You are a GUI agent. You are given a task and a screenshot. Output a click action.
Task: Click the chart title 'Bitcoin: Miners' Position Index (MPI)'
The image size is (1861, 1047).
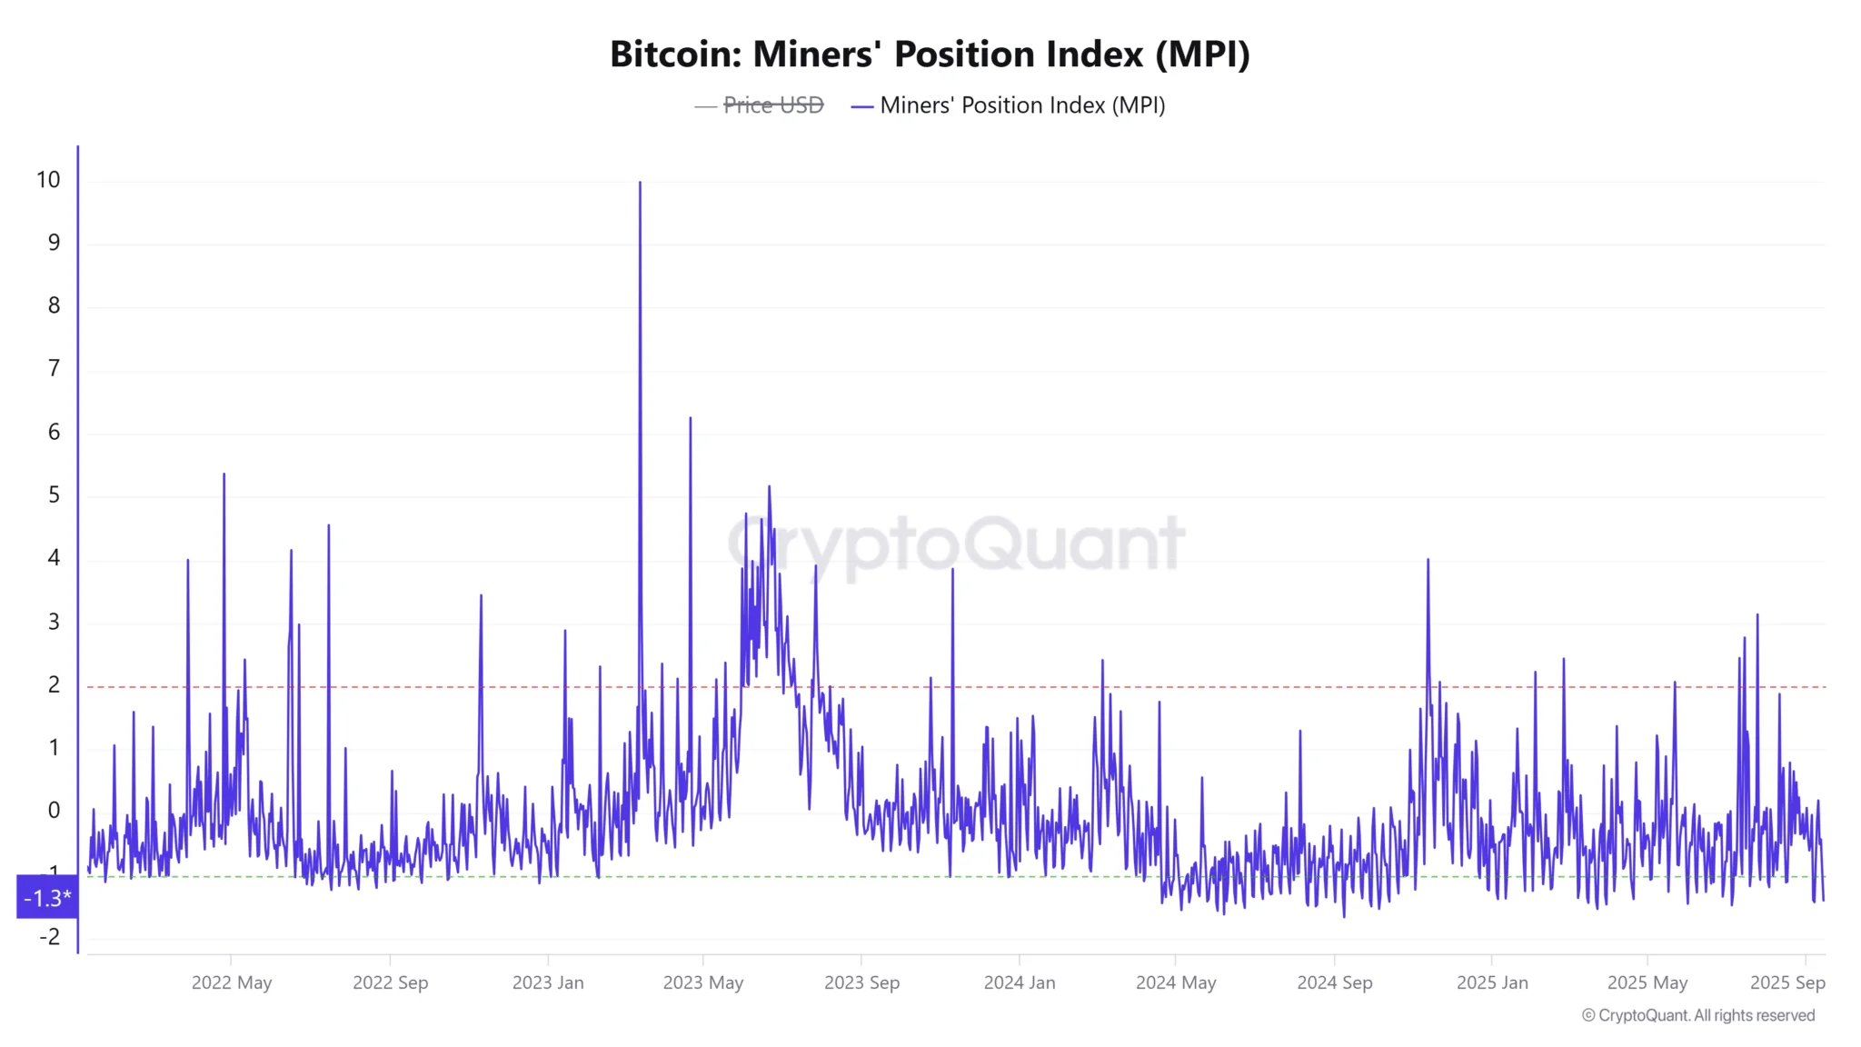pos(930,55)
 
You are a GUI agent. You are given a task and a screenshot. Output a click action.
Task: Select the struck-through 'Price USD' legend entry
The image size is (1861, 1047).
pos(772,105)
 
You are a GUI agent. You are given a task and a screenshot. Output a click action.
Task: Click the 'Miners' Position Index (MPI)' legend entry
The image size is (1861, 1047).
pos(1021,105)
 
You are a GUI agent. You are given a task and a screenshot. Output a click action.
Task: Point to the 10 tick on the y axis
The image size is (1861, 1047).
pos(48,180)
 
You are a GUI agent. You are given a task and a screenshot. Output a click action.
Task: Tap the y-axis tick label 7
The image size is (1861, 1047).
pos(54,368)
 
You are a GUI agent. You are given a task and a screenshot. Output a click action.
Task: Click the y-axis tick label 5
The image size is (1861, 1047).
pos(54,494)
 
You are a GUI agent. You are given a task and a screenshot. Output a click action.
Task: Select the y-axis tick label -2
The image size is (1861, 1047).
pos(49,936)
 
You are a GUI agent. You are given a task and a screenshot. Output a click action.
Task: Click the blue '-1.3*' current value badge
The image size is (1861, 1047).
pos(47,898)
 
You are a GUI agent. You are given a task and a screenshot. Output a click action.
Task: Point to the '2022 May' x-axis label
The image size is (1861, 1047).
pos(232,982)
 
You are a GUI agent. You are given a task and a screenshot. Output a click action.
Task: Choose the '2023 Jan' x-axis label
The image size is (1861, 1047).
pos(548,982)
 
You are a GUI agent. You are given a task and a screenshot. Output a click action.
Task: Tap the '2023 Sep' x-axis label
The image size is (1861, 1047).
pos(861,982)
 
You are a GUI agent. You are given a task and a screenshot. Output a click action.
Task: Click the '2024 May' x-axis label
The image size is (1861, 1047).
pos(1176,982)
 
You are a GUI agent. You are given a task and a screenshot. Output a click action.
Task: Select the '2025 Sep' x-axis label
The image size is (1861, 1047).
pos(1787,982)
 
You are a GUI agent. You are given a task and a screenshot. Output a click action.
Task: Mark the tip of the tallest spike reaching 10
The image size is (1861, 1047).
pos(640,184)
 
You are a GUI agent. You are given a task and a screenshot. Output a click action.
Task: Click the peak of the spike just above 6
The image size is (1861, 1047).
pos(691,419)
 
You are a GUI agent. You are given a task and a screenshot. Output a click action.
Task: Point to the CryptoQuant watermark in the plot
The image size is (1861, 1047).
pos(956,544)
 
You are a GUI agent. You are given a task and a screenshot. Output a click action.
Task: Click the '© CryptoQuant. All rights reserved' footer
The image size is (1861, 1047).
pos(1698,1015)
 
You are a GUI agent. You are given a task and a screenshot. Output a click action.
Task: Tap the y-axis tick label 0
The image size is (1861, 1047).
pos(54,810)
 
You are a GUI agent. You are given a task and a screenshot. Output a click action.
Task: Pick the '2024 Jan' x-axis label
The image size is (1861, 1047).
pos(1020,982)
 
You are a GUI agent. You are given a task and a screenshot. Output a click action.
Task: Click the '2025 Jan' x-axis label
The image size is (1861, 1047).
pos(1492,982)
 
